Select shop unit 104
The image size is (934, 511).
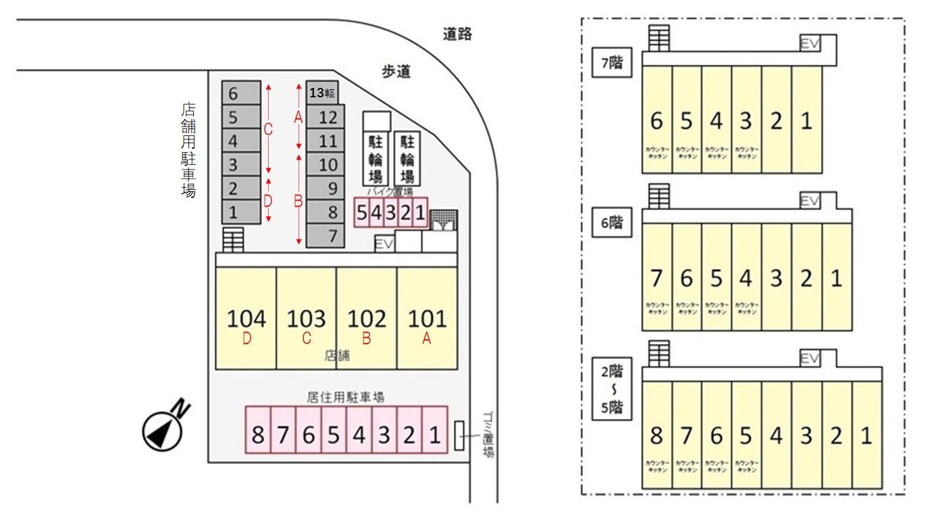(x=246, y=318)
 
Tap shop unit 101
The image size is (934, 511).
(x=427, y=318)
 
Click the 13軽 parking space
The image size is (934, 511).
(x=322, y=93)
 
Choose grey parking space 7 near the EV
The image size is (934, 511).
(x=326, y=236)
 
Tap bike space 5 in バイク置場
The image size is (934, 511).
(x=361, y=213)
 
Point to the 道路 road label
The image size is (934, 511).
(x=457, y=34)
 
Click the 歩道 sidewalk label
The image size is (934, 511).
(x=396, y=72)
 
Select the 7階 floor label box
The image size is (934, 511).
(x=611, y=64)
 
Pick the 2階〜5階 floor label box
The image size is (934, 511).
(x=611, y=391)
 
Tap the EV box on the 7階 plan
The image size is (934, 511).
(x=810, y=43)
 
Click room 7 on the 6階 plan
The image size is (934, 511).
(x=656, y=278)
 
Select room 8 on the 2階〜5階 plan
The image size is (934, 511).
(x=656, y=436)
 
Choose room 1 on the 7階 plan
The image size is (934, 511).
(x=806, y=120)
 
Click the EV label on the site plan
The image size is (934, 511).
(x=384, y=243)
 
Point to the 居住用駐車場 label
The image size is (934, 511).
(x=346, y=397)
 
